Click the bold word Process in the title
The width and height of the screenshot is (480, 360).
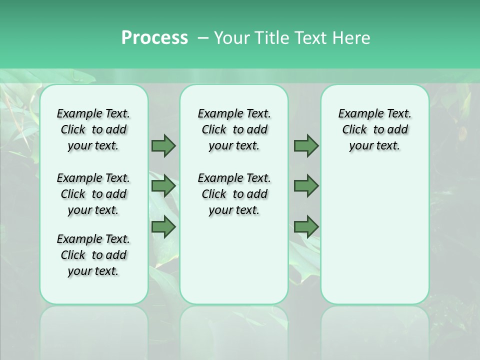tap(154, 38)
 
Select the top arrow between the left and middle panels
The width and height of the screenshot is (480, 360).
tap(163, 145)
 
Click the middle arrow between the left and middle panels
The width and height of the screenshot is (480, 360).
tap(163, 186)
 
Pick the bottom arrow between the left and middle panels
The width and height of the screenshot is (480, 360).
tap(163, 226)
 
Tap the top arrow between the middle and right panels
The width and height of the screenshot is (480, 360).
tap(306, 145)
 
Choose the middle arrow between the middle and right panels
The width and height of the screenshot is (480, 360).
tap(306, 186)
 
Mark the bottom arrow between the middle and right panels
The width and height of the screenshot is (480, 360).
tap(306, 226)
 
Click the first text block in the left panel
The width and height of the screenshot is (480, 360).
tap(93, 129)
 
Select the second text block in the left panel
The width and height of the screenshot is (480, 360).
tap(93, 194)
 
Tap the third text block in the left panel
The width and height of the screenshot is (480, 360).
tap(93, 255)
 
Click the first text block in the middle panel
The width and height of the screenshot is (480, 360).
tap(234, 129)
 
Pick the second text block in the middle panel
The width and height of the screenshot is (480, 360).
tap(234, 194)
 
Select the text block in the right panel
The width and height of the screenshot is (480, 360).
tap(374, 129)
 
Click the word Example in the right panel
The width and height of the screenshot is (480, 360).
tap(357, 114)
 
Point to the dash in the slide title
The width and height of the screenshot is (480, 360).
tap(202, 38)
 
